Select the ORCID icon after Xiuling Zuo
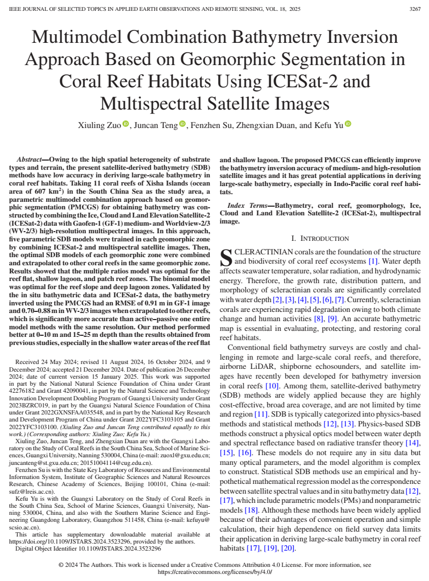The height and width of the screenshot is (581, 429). click(x=126, y=125)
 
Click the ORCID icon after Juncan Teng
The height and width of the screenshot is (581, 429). click(x=182, y=125)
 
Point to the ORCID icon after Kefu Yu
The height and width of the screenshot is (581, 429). click(x=348, y=125)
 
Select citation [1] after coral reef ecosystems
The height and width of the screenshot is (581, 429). click(x=373, y=261)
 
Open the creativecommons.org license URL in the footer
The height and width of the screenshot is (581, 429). click(x=214, y=572)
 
